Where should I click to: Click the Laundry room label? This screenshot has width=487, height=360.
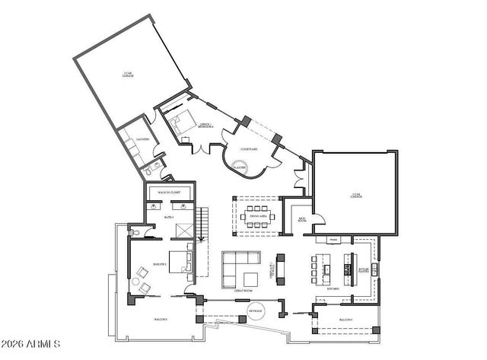tap(142, 140)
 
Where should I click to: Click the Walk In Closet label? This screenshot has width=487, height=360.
tap(168, 193)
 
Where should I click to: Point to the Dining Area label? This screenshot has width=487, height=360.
tap(257, 215)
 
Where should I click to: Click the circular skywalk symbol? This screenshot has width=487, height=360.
tap(256, 311)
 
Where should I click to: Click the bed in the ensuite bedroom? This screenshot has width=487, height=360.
tap(178, 260)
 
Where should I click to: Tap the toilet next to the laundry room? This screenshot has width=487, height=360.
tap(147, 173)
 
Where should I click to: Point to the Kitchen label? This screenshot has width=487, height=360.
tap(333, 289)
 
